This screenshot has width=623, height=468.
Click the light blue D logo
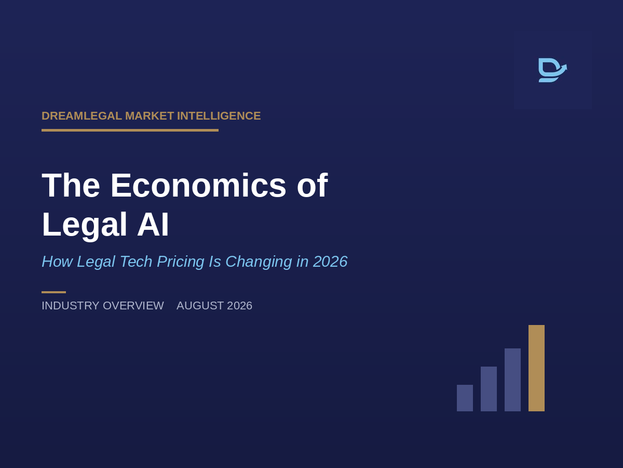coord(552,70)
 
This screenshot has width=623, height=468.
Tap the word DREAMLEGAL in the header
coord(82,116)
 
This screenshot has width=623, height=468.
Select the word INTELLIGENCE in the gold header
coord(219,116)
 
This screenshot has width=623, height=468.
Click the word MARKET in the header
coord(150,116)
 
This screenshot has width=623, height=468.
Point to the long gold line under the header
coord(130,130)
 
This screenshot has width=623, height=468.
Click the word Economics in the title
coord(198,185)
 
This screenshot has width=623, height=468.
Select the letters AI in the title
coord(153,224)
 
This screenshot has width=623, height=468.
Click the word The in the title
coord(71,185)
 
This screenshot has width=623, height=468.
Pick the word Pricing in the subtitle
coord(181,262)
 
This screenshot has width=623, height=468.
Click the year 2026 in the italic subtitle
coord(330,262)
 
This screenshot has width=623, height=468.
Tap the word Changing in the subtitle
coord(259,262)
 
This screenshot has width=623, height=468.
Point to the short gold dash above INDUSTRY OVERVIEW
coord(53,292)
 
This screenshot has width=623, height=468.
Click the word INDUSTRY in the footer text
coord(71,306)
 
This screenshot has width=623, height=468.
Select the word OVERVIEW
coord(133,306)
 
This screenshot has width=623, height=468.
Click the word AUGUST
coord(200,306)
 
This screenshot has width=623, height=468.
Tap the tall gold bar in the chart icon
coord(536,368)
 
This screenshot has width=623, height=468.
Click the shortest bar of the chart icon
coord(465,398)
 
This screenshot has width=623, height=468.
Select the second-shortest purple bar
coord(489,389)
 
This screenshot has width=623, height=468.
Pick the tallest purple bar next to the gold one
coord(512,380)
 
